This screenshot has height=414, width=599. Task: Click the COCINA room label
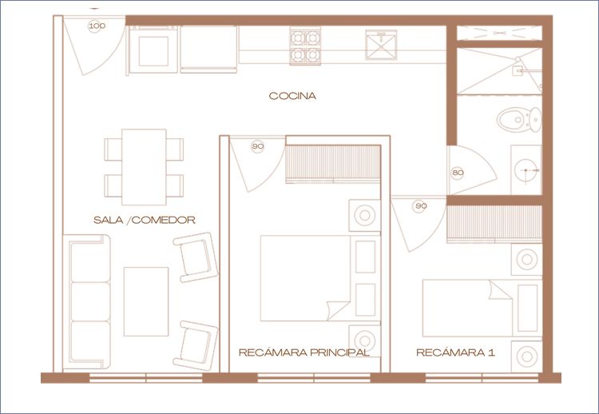292,96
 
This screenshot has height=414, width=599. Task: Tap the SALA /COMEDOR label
145,220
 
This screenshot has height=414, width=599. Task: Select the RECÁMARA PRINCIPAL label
304,352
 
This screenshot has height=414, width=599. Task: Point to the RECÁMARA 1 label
455,352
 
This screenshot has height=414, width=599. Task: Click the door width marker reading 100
97,26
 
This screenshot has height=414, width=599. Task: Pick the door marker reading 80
458,173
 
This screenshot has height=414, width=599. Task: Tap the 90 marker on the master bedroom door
258,146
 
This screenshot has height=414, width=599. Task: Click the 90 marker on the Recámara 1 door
420,206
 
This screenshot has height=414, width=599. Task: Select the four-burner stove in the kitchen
305,46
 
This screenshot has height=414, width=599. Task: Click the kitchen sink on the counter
381,45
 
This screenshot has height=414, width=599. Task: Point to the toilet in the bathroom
519,119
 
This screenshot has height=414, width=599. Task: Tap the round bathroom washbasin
527,169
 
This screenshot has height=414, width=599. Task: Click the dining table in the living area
144,167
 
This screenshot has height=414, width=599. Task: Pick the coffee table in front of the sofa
146,301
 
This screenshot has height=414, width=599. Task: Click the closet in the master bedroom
333,162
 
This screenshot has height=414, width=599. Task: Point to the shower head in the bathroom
518,60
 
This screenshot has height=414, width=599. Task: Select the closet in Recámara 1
494,223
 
